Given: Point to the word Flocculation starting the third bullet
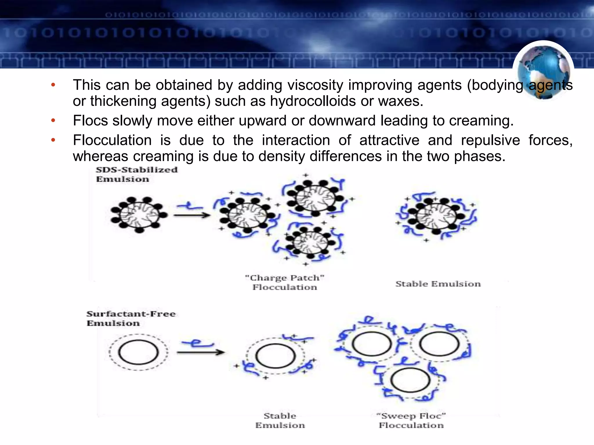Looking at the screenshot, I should tap(112, 141).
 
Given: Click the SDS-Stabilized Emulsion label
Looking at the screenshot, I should tap(137, 174).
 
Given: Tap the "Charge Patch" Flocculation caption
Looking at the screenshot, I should tap(285, 282).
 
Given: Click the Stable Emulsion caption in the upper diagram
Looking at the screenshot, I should tap(438, 284).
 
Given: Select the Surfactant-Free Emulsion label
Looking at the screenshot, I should tap(131, 318).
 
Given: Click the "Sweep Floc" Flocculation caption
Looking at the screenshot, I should tap(411, 421).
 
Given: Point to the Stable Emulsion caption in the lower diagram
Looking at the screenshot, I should tap(280, 421).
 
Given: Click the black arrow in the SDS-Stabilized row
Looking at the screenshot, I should tap(192, 215).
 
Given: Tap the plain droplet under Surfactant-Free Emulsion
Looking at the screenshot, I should tap(138, 352).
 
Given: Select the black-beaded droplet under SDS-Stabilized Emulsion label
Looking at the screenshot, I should tap(139, 214).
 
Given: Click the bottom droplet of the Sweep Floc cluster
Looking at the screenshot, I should tap(410, 380).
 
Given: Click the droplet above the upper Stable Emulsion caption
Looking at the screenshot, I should tap(436, 215).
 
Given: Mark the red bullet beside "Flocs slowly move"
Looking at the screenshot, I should tap(53, 121).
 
